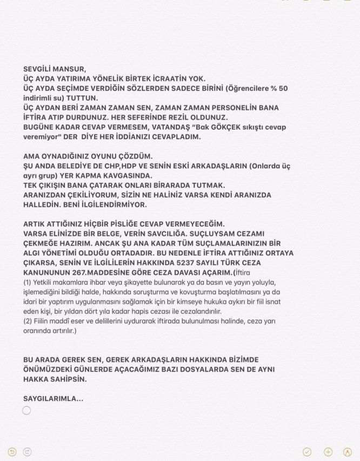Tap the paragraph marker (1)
[x=27, y=282]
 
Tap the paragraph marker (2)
[x=27, y=321]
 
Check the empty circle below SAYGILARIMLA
[x=27, y=411]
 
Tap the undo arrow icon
[x=12, y=452]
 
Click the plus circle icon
[x=328, y=452]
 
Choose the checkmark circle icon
[x=307, y=452]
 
